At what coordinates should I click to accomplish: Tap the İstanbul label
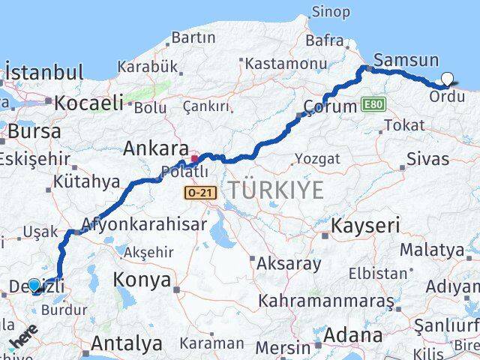click(44, 73)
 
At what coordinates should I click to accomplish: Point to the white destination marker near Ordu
click(448, 78)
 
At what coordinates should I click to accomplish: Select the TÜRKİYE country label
click(277, 190)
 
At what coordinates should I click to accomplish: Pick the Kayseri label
click(365, 225)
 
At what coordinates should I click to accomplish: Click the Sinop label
click(329, 11)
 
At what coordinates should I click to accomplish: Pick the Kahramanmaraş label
click(326, 301)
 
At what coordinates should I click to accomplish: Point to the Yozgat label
click(316, 158)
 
